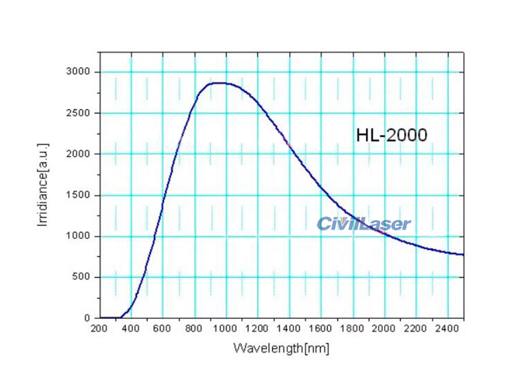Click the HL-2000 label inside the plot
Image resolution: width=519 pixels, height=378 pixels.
(391, 135)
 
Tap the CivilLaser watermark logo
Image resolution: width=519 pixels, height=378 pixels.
(364, 224)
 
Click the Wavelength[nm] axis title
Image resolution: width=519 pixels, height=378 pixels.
(282, 349)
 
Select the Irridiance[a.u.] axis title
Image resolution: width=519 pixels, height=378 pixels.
(43, 186)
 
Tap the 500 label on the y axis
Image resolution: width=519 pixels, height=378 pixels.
(82, 277)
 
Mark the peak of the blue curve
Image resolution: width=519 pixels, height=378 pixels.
(217, 83)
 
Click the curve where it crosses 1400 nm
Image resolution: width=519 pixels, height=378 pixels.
(289, 146)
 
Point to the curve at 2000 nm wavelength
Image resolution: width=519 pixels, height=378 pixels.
(384, 234)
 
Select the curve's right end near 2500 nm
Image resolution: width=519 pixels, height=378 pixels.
(463, 255)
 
